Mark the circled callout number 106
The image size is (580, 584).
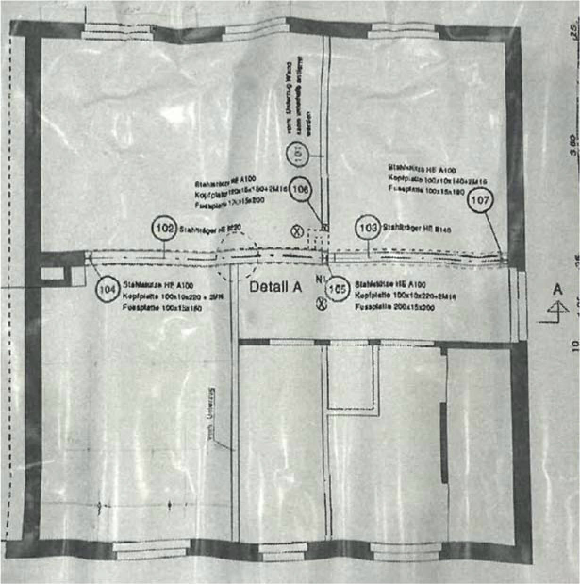[301, 189]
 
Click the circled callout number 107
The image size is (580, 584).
[481, 200]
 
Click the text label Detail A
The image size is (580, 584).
[275, 287]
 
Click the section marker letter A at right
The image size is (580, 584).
[558, 289]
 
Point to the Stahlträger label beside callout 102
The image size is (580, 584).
[210, 229]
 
